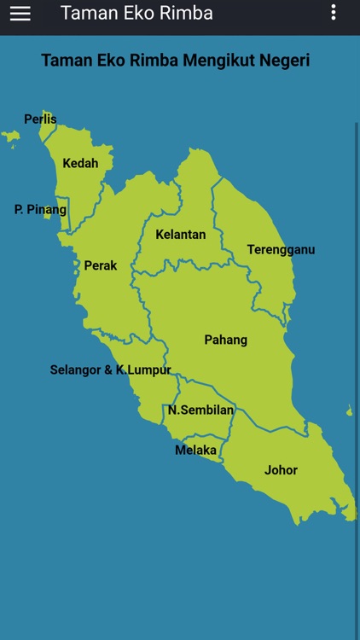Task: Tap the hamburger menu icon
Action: (x=20, y=14)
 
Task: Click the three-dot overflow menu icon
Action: (x=333, y=13)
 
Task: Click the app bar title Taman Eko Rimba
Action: (x=136, y=14)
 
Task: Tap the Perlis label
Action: (x=40, y=119)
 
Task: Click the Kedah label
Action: (x=80, y=163)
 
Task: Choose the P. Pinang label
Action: (x=40, y=209)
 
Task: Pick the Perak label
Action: (x=101, y=265)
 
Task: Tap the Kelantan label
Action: (x=180, y=234)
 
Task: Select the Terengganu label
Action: (x=281, y=250)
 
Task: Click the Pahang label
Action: (x=225, y=340)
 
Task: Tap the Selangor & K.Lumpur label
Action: (x=110, y=370)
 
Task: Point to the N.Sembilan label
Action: (x=200, y=410)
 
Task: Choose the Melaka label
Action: (x=195, y=450)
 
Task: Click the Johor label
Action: (x=281, y=470)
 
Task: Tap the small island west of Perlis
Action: (x=10, y=136)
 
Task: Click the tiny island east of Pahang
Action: (x=350, y=412)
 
